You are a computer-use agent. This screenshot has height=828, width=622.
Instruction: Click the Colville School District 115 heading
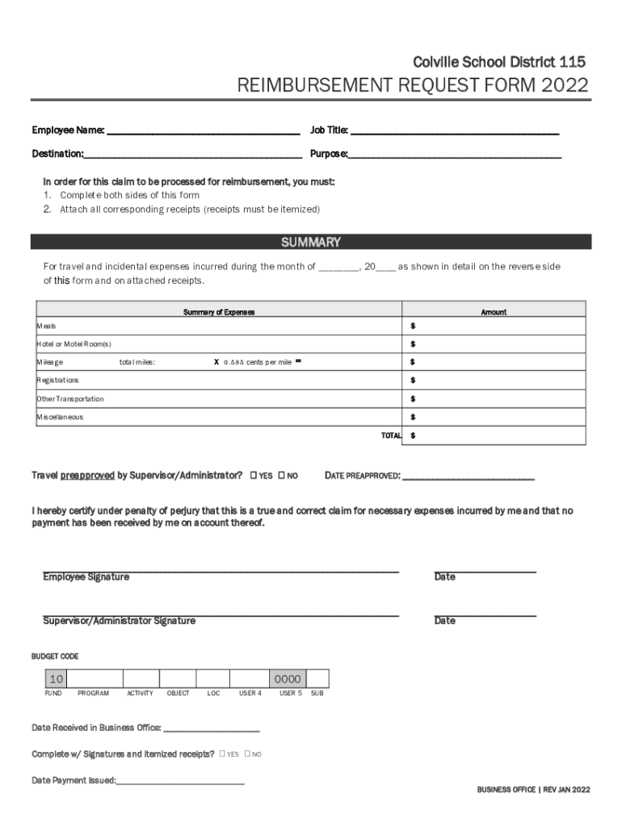pyautogui.click(x=499, y=62)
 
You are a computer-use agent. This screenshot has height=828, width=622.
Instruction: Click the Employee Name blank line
pyautogui.click(x=203, y=131)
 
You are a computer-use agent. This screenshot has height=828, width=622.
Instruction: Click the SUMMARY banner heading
pyautogui.click(x=310, y=243)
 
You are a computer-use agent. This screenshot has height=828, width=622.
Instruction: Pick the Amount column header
pyautogui.click(x=494, y=312)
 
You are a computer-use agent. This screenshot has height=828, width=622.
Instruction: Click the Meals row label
pyautogui.click(x=47, y=326)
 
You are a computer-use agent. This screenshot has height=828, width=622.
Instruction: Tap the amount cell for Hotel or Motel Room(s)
pyautogui.click(x=494, y=344)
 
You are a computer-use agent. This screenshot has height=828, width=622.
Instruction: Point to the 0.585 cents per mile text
pyautogui.click(x=258, y=362)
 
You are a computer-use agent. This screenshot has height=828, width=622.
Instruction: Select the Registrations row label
pyautogui.click(x=58, y=380)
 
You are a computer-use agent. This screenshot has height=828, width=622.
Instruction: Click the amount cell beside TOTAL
pyautogui.click(x=494, y=435)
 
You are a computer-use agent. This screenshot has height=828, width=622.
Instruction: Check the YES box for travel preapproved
pyautogui.click(x=254, y=475)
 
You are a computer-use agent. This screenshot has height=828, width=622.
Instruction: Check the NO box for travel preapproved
pyautogui.click(x=282, y=475)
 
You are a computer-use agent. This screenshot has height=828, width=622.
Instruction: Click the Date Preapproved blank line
pyautogui.click(x=468, y=476)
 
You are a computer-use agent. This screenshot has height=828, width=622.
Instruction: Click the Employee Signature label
pyautogui.click(x=86, y=577)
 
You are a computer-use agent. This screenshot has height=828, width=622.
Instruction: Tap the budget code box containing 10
pyautogui.click(x=56, y=679)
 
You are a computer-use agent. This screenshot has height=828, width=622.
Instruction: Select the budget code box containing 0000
pyautogui.click(x=288, y=679)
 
